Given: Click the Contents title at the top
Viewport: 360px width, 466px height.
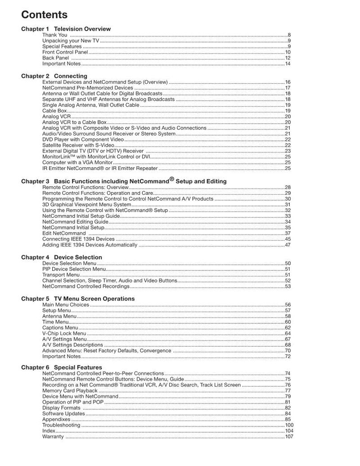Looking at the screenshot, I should [44, 15].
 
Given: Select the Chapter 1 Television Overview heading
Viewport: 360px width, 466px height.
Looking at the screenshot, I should [66, 29].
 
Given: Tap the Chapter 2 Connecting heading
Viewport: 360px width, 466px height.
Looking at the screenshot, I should [54, 76].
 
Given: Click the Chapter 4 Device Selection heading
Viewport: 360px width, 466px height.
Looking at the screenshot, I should [62, 257].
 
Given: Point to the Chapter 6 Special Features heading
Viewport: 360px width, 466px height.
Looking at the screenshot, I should [62, 367].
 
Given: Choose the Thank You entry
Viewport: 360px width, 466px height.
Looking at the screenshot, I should [55, 35].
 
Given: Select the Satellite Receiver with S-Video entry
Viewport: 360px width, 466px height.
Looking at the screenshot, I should [78, 145].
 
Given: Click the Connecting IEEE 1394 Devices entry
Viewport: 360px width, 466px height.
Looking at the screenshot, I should [78, 239].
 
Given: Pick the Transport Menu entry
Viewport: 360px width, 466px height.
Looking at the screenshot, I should [61, 275].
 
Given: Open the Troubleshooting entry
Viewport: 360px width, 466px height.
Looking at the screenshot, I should [61, 425].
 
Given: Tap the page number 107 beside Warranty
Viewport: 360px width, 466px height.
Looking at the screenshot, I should [289, 437].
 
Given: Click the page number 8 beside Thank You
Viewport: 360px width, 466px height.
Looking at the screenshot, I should [289, 35].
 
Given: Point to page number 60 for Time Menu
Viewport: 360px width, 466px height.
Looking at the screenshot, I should [288, 322].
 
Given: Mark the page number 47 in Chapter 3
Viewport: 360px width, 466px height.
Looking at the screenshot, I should [288, 245].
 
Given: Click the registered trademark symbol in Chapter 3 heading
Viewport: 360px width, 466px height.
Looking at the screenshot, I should [172, 179].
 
